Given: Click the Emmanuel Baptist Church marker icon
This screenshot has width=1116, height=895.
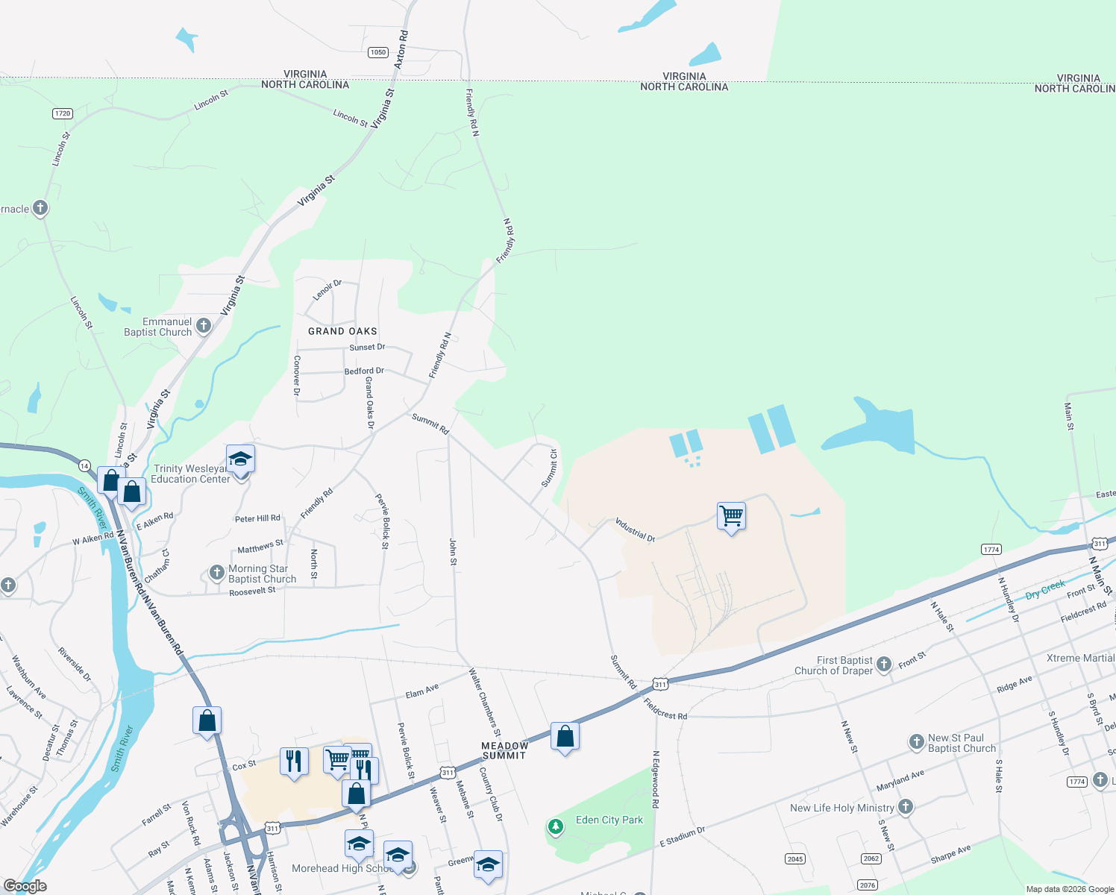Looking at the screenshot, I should tap(204, 326).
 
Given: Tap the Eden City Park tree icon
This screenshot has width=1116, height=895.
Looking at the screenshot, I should tap(555, 826).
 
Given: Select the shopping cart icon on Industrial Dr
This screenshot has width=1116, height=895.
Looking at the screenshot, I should tap(731, 515).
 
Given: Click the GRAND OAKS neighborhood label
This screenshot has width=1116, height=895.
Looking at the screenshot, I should tap(342, 331).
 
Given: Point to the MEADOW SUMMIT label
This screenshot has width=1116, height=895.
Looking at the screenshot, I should tap(505, 750).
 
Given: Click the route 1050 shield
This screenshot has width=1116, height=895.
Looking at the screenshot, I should tap(378, 52).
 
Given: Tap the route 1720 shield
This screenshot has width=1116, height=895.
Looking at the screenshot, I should tap(63, 113).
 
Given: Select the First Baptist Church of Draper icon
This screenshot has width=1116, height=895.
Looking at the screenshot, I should tap(884, 664).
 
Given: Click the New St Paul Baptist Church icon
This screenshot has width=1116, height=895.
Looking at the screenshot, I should tap(917, 741).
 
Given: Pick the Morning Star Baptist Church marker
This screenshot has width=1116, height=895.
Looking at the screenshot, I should tap(216, 573).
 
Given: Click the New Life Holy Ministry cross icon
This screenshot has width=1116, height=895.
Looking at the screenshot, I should tap(906, 806).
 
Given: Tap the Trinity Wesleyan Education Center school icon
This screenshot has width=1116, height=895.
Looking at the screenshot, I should tap(240, 459).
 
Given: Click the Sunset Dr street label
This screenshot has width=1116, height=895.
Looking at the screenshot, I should tap(367, 348).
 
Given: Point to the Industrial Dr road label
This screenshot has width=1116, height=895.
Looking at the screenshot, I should tap(634, 529).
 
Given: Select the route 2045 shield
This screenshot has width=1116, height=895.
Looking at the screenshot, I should tap(795, 859).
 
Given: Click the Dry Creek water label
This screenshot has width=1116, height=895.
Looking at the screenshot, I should tap(1045, 590).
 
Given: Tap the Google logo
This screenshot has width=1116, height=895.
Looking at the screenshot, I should tap(25, 886).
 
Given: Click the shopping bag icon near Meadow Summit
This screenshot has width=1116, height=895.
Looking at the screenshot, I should tap(565, 736).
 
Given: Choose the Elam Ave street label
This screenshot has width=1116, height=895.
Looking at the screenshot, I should tap(422, 691).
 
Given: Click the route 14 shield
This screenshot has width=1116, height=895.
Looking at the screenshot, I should tap(84, 465).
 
